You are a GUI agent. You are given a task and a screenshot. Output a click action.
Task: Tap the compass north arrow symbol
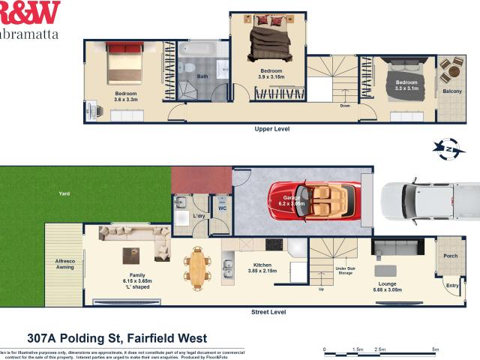[x=450, y=149]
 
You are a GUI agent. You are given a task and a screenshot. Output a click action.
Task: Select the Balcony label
[x=452, y=91]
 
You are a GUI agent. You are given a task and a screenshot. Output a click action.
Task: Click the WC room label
[x=221, y=209]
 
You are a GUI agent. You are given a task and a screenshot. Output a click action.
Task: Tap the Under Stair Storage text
[x=345, y=270]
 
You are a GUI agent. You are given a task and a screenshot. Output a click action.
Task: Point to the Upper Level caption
[x=272, y=129]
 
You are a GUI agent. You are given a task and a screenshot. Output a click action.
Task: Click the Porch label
[x=451, y=256]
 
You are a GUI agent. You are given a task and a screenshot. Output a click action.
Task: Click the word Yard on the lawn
[x=64, y=193]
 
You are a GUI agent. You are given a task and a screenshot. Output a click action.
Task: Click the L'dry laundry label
[x=199, y=216]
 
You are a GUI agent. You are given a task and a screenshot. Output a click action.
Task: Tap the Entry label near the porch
[x=453, y=286]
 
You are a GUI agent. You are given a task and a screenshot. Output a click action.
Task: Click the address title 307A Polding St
[x=116, y=338]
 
